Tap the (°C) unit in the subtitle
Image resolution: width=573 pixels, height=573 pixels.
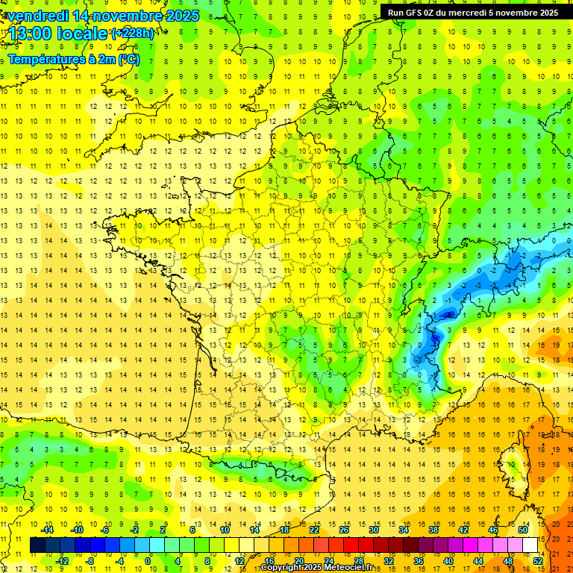(128, 60)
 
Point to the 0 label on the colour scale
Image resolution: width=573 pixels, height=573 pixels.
(148, 561)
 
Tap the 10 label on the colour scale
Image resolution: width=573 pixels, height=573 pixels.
(225, 530)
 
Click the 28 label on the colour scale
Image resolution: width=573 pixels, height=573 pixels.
(358, 561)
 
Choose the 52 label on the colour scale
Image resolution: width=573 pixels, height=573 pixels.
(538, 561)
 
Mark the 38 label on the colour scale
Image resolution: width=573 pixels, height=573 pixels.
(433, 530)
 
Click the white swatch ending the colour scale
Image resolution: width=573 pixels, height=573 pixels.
(530, 545)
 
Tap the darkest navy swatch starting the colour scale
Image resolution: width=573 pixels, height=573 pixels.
(37, 545)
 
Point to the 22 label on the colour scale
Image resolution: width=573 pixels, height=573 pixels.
(314, 530)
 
